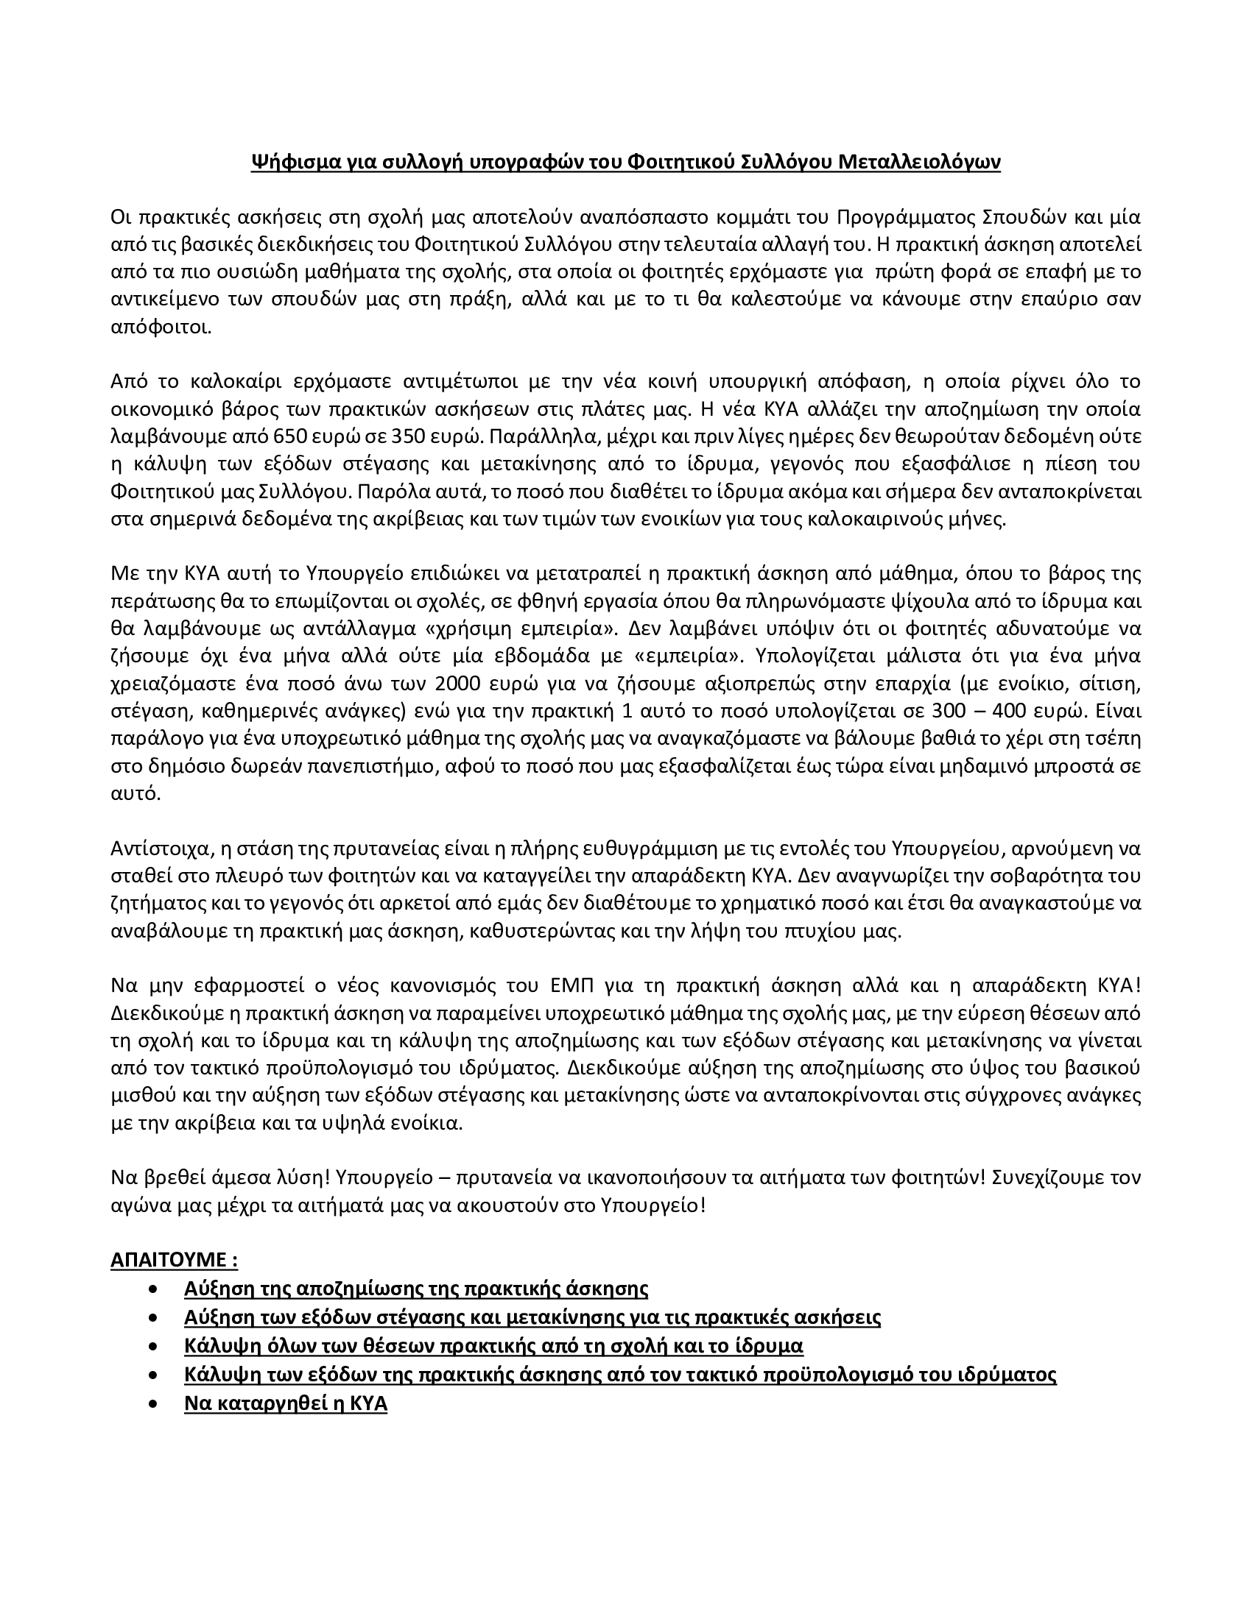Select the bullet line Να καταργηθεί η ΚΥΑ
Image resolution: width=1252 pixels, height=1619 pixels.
pyautogui.click(x=286, y=1403)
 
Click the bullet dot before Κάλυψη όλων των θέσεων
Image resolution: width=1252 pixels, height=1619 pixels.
pyautogui.click(x=153, y=1346)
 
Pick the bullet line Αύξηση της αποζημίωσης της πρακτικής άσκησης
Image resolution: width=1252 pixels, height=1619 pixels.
pyautogui.click(x=415, y=1289)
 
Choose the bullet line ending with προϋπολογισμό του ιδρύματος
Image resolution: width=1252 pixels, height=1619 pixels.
pyautogui.click(x=619, y=1375)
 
